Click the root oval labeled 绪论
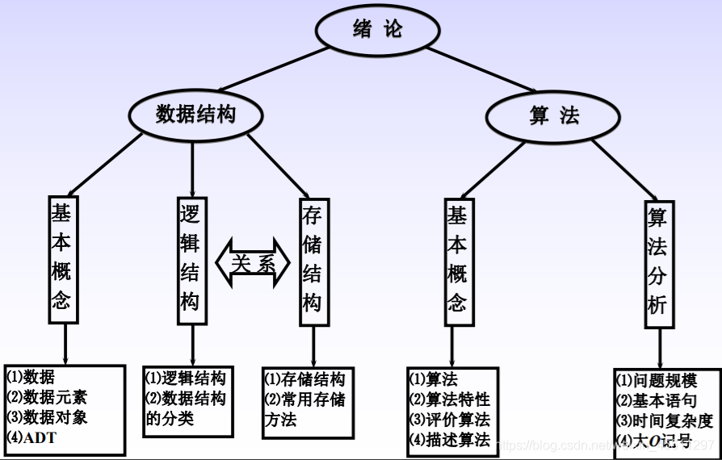[376, 31]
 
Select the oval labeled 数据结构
[195, 115]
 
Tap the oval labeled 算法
[554, 116]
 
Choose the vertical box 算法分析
[658, 265]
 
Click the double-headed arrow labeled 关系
[253, 262]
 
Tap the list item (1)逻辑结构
[185, 378]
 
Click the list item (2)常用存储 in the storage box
[304, 399]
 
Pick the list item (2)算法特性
[450, 399]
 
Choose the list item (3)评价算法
[450, 420]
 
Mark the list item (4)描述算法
[450, 440]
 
